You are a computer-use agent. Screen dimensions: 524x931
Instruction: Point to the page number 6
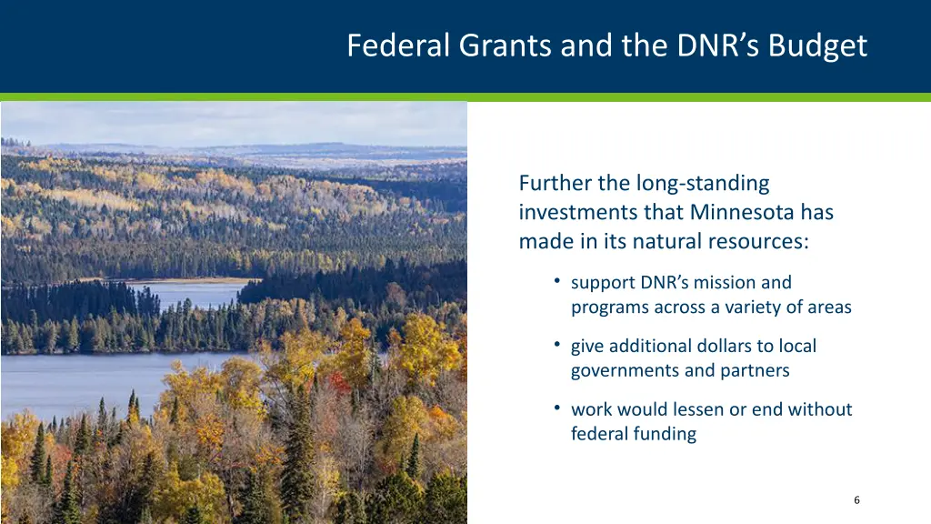(x=856, y=499)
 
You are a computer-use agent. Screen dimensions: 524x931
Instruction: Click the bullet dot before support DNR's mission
(x=556, y=280)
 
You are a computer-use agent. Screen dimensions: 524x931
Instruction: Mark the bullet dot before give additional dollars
(x=556, y=344)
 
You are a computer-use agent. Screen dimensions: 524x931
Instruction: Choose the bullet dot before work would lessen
(x=556, y=408)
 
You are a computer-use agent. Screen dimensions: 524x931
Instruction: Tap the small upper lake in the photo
(x=195, y=293)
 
